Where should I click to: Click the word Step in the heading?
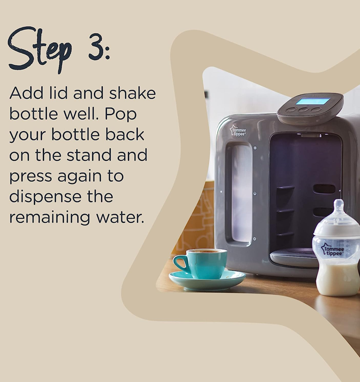(40, 50)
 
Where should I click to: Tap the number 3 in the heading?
(96, 46)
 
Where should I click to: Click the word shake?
(132, 93)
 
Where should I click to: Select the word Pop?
(121, 114)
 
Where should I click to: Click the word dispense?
(45, 197)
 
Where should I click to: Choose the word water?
(120, 218)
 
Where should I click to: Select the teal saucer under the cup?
(207, 280)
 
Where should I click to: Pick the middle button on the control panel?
(303, 110)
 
